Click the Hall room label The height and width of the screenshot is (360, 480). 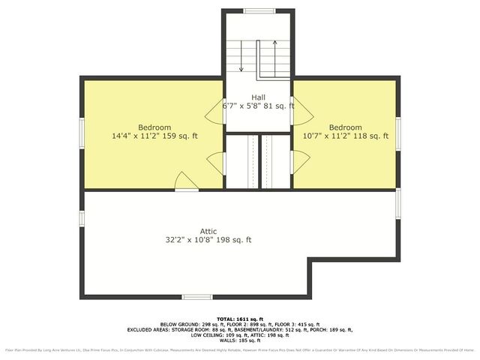point(258,97)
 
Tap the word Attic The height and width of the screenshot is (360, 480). point(208,231)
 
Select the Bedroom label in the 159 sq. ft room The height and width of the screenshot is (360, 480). point(154,127)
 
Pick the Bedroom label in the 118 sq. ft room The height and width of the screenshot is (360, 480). point(345,127)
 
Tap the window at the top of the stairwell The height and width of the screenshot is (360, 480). point(258,10)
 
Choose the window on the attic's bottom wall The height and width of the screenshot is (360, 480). point(196,297)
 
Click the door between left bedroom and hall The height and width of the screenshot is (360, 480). point(216,112)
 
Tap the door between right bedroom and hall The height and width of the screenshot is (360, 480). point(299,112)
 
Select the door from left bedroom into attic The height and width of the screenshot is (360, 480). point(187,183)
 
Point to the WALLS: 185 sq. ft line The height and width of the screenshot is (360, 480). point(239,340)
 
